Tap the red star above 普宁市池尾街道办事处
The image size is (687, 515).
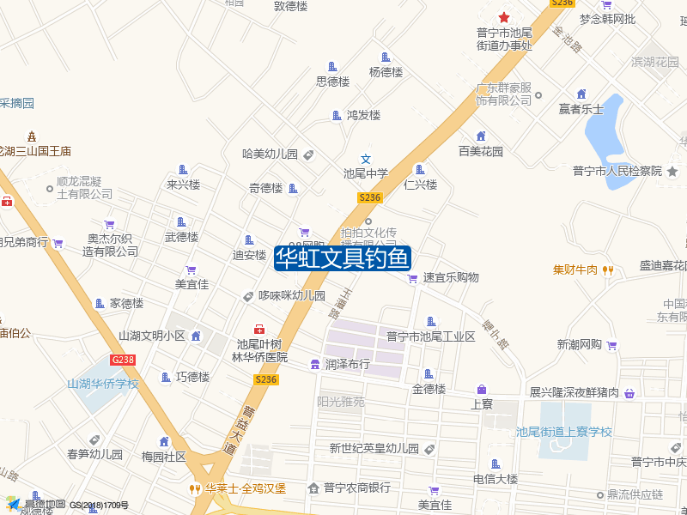(504, 17)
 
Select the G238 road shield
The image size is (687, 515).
(123, 360)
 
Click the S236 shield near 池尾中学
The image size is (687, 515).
(369, 197)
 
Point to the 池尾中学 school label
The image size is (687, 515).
(366, 173)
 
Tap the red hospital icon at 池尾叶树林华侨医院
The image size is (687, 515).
(258, 330)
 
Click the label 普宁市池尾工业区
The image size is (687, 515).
(430, 336)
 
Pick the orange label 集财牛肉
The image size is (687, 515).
(575, 270)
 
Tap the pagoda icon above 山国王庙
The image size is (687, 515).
(33, 136)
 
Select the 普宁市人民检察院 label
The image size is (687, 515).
(617, 171)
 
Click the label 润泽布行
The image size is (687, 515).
(347, 364)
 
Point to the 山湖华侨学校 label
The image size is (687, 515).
(103, 384)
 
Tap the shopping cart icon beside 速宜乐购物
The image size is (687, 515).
(412, 278)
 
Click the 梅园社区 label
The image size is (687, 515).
(163, 457)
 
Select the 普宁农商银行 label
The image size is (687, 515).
(356, 488)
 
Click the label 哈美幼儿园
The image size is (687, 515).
(270, 154)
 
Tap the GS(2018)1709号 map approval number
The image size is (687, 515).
(100, 506)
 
